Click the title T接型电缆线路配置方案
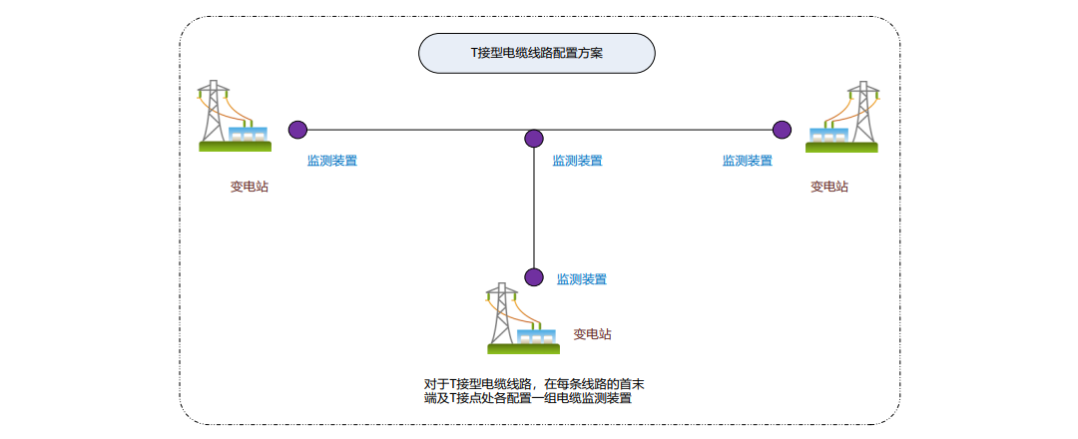[x=536, y=54]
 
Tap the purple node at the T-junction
[x=534, y=139]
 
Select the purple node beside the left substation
[x=297, y=129]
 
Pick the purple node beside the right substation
[x=782, y=129]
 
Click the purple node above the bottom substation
[x=534, y=276]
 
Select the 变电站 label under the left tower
[x=249, y=186]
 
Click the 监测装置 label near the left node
[x=332, y=160]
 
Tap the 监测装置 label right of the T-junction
[x=577, y=160]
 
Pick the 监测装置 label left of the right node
[x=747, y=160]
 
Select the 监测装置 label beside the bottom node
[x=581, y=279]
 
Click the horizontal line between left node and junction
[x=415, y=129]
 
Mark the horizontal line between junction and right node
[x=659, y=129]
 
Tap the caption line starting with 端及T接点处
[x=527, y=398]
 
